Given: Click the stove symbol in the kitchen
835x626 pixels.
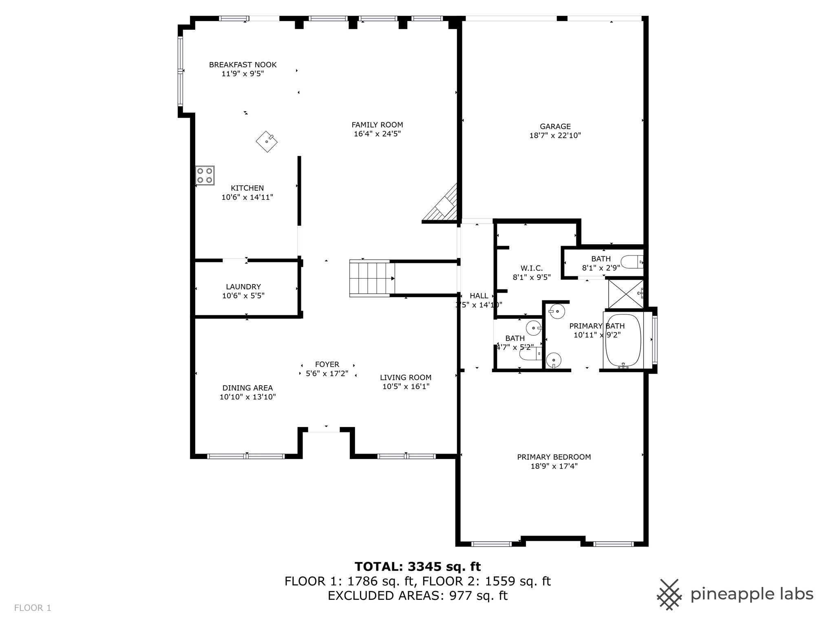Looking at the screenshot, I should (x=205, y=176).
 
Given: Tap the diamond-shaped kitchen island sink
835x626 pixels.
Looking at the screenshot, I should (x=267, y=141).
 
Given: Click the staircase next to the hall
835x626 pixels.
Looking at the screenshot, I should (x=372, y=278).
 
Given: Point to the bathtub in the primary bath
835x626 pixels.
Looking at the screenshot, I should (x=623, y=340).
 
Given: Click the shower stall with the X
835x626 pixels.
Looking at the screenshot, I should (x=625, y=293).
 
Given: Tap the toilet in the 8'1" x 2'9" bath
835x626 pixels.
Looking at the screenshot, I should (x=632, y=262).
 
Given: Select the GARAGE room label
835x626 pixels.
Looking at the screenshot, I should (x=555, y=126).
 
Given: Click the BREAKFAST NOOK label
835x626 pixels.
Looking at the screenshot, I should (x=243, y=65).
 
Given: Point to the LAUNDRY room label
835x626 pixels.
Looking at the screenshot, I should (x=243, y=287).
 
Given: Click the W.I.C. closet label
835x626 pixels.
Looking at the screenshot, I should (x=531, y=268).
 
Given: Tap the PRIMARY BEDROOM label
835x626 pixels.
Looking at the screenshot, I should (x=554, y=457).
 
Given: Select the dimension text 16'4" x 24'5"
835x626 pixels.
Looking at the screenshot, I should (x=377, y=134).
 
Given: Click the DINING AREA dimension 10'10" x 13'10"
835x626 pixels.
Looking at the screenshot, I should (x=247, y=397).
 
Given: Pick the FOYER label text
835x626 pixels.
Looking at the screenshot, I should (x=327, y=364).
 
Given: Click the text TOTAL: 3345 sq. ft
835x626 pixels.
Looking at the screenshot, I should (x=417, y=566).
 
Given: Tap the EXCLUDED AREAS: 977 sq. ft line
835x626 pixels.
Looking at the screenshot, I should (x=417, y=595).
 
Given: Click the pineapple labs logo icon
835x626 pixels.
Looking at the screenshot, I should (x=669, y=594).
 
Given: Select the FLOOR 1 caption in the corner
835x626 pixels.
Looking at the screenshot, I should (x=33, y=608).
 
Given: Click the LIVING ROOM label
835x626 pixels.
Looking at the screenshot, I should (x=406, y=377).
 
